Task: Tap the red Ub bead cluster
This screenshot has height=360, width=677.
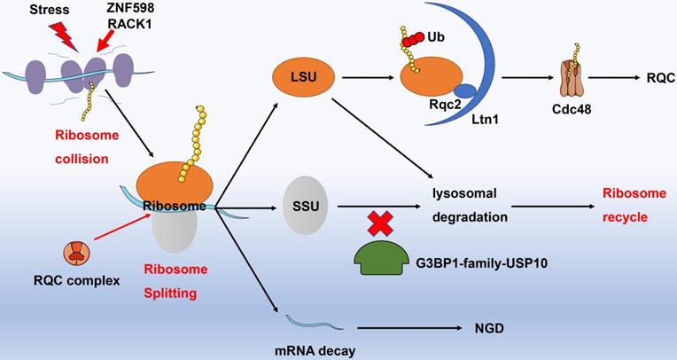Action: [x=414, y=41]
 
